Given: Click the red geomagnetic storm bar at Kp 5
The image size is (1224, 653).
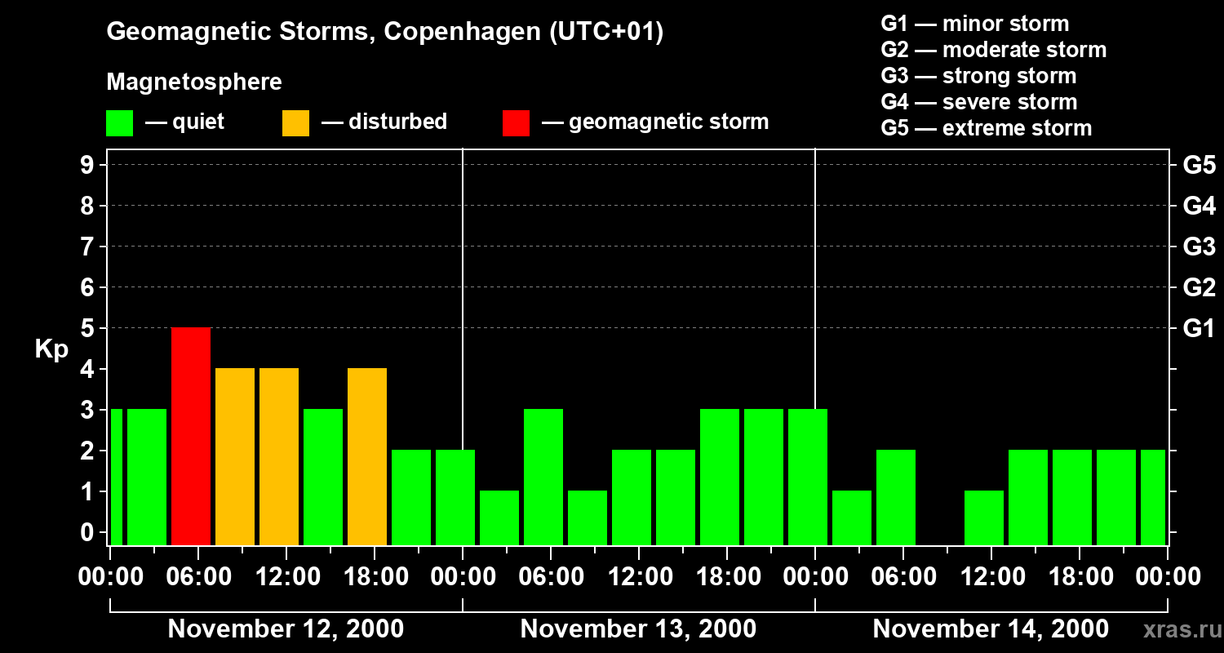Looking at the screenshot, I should [x=191, y=436].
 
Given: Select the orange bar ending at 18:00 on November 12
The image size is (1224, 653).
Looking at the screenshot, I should [x=367, y=456].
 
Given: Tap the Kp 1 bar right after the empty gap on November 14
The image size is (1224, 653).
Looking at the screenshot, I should [x=984, y=518].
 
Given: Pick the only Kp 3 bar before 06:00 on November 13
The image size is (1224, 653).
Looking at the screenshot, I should [x=543, y=477].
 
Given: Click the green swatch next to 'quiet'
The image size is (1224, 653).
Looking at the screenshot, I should [x=119, y=122].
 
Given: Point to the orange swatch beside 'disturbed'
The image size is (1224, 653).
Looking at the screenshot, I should [x=295, y=122].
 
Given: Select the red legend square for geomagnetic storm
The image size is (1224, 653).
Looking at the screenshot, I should [x=516, y=122].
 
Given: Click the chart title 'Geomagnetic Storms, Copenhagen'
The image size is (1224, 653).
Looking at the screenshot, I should [x=384, y=32].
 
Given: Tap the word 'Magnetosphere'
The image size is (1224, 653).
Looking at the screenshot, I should [x=194, y=82].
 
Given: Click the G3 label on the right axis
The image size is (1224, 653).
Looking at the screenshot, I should [x=1199, y=247].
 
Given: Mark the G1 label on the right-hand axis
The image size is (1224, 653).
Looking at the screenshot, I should [x=1199, y=328].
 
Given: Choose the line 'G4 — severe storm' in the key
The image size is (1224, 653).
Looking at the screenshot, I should [x=978, y=102].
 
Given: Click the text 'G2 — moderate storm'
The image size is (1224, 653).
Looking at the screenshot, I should [x=993, y=50].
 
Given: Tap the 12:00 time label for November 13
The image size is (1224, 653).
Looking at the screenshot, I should [x=639, y=577].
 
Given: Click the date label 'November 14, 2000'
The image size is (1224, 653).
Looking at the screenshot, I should [x=991, y=629].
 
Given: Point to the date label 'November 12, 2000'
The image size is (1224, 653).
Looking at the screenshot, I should [x=286, y=629].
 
